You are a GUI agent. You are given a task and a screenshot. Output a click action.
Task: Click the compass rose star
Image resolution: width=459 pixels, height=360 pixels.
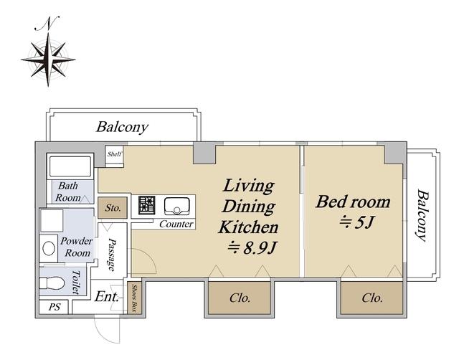click(48, 60)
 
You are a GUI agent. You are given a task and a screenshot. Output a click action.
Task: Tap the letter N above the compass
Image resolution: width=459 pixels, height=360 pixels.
click(47, 24)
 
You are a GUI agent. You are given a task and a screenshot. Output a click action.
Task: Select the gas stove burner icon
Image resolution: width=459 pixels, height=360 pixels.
click(146, 205)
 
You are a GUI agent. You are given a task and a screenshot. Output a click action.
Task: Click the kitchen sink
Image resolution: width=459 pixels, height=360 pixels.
click(177, 206)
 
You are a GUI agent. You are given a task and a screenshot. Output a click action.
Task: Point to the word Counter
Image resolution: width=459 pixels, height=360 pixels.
click(176, 224)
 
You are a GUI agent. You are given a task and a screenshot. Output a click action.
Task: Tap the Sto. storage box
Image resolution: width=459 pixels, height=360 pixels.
click(113, 208)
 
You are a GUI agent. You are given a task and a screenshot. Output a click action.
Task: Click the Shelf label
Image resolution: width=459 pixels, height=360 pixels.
click(114, 154)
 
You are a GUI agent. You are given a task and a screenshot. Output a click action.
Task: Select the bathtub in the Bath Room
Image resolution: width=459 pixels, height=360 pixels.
click(70, 166)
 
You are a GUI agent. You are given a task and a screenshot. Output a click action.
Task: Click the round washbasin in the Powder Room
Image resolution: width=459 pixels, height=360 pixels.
click(49, 249)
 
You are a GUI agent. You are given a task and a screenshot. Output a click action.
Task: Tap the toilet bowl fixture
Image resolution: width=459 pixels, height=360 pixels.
click(52, 283)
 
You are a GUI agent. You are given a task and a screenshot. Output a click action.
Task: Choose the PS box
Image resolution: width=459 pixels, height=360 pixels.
click(54, 307)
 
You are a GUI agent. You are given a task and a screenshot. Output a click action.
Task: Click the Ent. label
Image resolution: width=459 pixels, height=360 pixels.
click(107, 297)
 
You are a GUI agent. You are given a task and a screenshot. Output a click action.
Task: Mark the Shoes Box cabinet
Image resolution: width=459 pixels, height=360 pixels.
click(135, 298)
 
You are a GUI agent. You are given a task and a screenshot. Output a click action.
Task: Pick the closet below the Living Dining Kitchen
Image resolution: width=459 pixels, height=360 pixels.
click(239, 298)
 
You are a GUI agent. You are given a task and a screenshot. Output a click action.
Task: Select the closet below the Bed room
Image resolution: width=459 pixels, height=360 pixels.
click(372, 298)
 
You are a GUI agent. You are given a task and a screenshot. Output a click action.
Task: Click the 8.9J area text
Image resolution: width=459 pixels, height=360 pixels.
click(252, 249)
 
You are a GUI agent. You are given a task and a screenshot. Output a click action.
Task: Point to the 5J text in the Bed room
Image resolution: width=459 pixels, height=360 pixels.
click(356, 223)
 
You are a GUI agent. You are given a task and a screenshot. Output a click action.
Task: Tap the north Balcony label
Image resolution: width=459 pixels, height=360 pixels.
click(123, 127)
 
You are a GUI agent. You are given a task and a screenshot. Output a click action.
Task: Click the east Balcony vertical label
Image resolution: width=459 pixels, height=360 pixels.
click(422, 216)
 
